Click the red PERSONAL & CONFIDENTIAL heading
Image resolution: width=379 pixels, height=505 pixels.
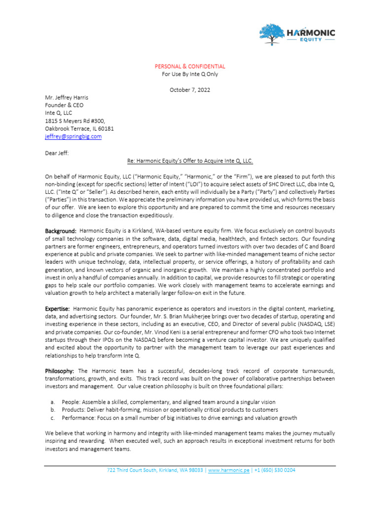click(x=190, y=66)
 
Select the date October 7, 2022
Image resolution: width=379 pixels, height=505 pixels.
click(x=190, y=90)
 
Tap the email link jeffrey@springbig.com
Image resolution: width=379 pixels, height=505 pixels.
click(x=73, y=137)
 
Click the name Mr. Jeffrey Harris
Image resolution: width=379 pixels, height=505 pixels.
click(x=67, y=98)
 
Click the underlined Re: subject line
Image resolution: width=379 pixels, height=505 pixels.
click(x=190, y=161)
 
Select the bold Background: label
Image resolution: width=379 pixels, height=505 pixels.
click(x=61, y=231)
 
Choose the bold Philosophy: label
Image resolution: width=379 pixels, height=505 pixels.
click(x=60, y=370)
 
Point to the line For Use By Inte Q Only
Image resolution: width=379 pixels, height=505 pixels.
click(x=190, y=74)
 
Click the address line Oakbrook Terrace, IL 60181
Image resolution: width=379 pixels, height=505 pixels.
click(x=79, y=129)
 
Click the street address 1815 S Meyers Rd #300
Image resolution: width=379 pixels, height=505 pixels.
click(x=75, y=121)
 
